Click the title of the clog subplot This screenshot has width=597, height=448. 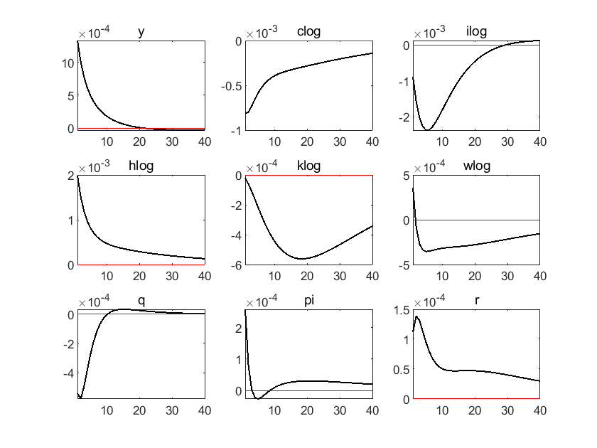pos(308,31)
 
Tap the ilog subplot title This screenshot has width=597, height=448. pos(476,31)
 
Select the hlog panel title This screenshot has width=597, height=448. pos(141,166)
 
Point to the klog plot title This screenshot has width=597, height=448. pos(308,166)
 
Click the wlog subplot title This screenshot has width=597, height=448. pos(477,166)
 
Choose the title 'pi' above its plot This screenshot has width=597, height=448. pos(309,301)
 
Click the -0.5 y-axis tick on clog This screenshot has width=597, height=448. pos(232,87)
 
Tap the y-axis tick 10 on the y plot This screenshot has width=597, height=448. pos(68,63)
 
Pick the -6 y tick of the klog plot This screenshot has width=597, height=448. pos(237,265)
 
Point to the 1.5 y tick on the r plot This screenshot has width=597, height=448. pos(402,311)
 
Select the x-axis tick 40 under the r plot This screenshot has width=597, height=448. pos(540,410)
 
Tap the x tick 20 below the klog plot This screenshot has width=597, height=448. pos(307,276)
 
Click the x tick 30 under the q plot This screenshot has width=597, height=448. pos(172,410)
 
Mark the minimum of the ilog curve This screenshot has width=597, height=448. pos(429,130)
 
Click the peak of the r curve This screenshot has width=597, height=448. pos(416,316)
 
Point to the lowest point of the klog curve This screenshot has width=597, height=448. pos(301,259)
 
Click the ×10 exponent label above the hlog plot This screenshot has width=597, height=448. pos(94,167)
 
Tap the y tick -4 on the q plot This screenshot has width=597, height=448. pos(69,374)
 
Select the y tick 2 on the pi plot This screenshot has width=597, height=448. pos(239,329)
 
